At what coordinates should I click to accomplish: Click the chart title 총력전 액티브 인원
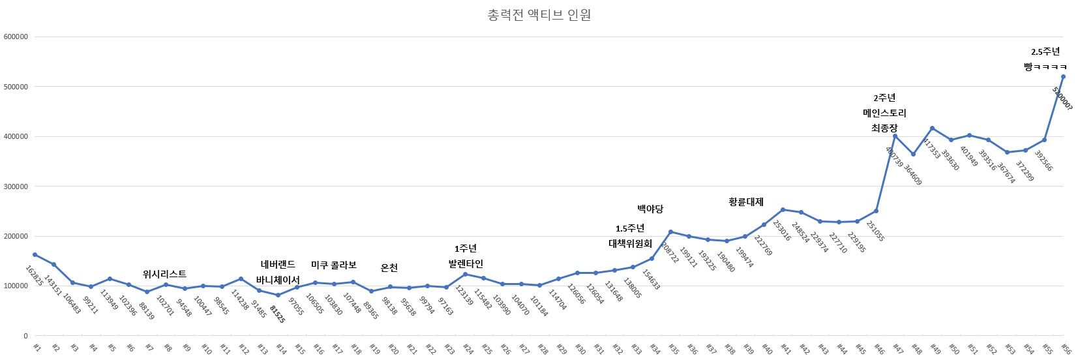pos(539,15)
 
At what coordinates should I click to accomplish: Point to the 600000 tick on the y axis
pos(15,37)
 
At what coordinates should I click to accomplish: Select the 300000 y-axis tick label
pos(15,187)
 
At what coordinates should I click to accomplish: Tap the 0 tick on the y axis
pos(25,336)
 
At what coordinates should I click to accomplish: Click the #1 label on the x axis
pos(37,348)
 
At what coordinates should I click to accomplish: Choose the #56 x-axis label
pos(1067,348)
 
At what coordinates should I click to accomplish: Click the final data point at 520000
pos(1063,76)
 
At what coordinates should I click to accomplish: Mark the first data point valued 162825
pos(35,254)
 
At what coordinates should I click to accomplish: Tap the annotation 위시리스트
pos(164,275)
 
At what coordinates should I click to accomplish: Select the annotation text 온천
pos(389,268)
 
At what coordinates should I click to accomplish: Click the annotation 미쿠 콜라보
pos(333,265)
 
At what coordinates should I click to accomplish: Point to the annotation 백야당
pos(650,209)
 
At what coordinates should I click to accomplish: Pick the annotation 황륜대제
pos(745,202)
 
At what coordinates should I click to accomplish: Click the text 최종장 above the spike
pos(884,129)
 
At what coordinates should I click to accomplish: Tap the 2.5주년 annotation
pos(1045,52)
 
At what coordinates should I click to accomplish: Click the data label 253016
pos(781,230)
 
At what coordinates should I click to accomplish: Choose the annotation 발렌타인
pos(465,264)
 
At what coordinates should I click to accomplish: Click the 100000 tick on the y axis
pos(15,286)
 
